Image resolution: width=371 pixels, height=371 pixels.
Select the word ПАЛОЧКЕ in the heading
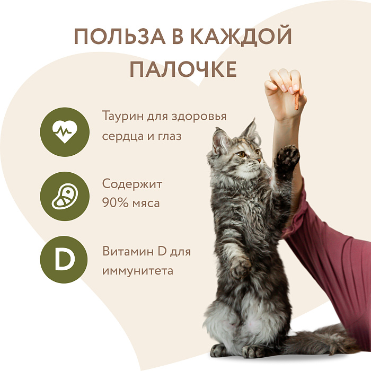[x=183, y=70]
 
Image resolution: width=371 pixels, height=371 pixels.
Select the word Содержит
[x=132, y=184]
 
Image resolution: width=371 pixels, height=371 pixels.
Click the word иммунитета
[x=138, y=271]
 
